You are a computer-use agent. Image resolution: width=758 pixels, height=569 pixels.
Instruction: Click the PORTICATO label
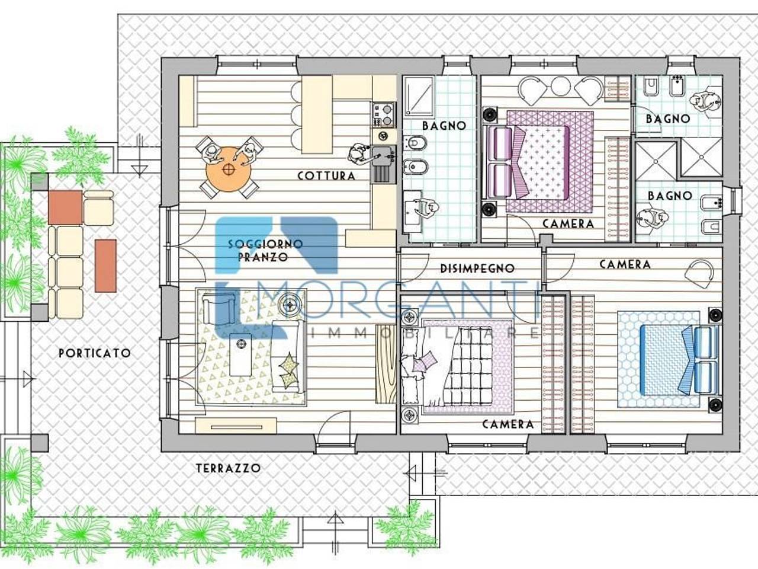pyautogui.click(x=95, y=353)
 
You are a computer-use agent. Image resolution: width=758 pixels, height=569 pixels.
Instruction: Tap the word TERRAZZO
pyautogui.click(x=228, y=468)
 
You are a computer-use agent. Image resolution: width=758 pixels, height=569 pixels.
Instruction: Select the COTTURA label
pyautogui.click(x=326, y=176)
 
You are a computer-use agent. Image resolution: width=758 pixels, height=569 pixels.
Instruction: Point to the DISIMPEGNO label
pyautogui.click(x=477, y=268)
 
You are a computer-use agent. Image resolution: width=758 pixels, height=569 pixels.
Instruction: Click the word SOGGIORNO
pyautogui.click(x=265, y=244)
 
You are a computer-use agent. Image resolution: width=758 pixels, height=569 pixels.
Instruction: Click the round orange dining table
pyautogui.click(x=228, y=169)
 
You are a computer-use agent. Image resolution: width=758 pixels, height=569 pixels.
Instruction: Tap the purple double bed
pyautogui.click(x=526, y=162)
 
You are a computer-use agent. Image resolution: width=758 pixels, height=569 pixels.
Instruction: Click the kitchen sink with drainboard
pyautogui.click(x=384, y=164)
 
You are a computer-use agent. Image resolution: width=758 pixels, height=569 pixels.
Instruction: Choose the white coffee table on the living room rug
pyautogui.click(x=240, y=354)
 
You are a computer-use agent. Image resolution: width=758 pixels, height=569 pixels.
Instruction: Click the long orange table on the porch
pyautogui.click(x=105, y=266)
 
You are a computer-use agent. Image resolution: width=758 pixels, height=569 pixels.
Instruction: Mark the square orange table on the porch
pyautogui.click(x=65, y=207)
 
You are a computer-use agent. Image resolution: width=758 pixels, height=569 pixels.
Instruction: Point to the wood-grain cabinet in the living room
pyautogui.click(x=386, y=363)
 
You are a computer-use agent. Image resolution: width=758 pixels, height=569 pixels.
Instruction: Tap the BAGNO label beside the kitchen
pyautogui.click(x=444, y=126)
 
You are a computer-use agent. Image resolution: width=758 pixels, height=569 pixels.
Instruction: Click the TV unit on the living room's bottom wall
pyautogui.click(x=236, y=426)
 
